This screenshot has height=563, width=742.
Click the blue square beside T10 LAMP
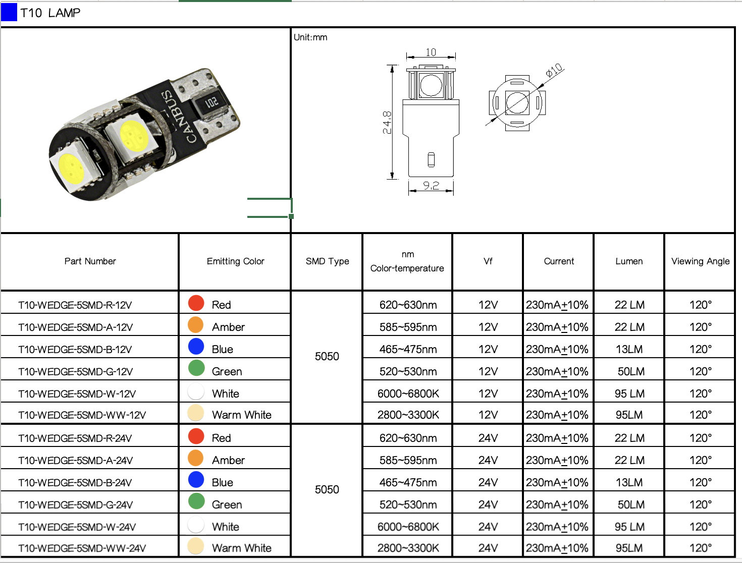(9, 13)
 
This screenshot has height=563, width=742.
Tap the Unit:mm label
(310, 37)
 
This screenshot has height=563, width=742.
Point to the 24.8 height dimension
(387, 122)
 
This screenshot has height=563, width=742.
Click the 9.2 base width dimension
(431, 186)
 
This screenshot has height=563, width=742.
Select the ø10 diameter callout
(554, 71)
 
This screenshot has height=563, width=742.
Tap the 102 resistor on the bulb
(211, 103)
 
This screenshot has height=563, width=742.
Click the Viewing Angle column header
(700, 261)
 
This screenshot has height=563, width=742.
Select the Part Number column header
(90, 261)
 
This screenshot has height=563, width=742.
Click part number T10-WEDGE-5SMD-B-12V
(75, 350)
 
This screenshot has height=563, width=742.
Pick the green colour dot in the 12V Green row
(196, 368)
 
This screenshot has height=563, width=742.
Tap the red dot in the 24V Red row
(196, 436)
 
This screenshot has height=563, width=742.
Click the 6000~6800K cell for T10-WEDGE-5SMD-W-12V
(408, 393)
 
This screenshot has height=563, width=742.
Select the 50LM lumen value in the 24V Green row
(630, 504)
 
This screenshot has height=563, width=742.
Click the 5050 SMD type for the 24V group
(327, 489)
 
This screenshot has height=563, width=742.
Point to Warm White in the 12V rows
(241, 415)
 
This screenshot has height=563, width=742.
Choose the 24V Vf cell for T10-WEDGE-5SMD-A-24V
(488, 460)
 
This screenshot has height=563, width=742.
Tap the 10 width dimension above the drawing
(431, 52)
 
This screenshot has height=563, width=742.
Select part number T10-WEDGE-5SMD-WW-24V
(82, 548)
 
